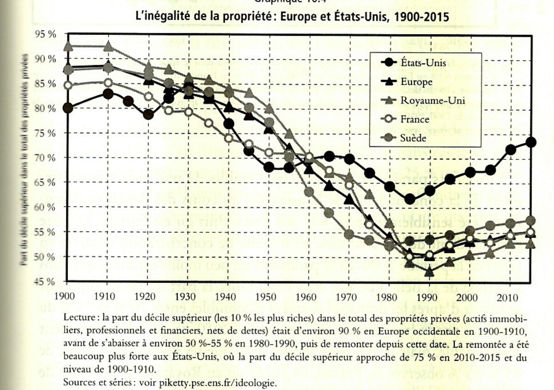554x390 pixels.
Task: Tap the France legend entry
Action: tap(415, 119)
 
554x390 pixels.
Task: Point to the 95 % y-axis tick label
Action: tap(47, 34)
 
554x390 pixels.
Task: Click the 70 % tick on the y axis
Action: tap(47, 158)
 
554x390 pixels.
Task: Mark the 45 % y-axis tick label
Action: tap(47, 281)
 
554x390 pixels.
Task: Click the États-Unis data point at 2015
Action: tap(530, 142)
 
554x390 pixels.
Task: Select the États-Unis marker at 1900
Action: tap(68, 108)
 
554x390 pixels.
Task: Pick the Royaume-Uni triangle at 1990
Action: tap(429, 272)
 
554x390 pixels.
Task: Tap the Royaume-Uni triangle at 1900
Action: tap(68, 46)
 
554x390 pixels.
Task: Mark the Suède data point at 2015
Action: tap(530, 220)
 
